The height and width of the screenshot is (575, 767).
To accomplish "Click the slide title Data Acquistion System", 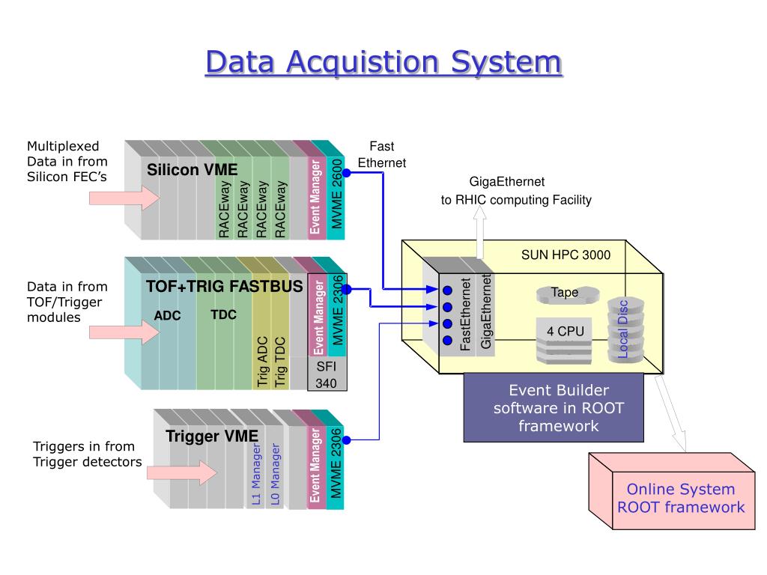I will tap(383, 61).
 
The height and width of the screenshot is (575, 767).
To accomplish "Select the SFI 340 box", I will tap(327, 374).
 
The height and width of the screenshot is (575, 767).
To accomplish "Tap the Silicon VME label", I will tap(192, 170).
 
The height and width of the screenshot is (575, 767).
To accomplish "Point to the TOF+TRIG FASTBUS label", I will tap(224, 285).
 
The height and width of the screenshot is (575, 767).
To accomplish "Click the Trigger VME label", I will tap(212, 436).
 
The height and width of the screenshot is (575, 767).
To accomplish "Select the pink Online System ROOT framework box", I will tap(680, 499).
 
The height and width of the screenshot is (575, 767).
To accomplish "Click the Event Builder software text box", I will tap(554, 408).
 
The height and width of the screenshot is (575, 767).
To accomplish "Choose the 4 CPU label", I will tap(565, 331).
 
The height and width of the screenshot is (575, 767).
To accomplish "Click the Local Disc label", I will tap(622, 329).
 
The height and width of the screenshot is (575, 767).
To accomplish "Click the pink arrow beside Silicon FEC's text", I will tap(124, 198).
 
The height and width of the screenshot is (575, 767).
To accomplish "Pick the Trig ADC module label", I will tap(263, 361).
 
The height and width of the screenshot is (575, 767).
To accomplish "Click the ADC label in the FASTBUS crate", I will tap(168, 315).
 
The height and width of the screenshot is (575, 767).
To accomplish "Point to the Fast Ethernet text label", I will tap(382, 154).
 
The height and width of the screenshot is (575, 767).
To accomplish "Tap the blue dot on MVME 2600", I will tap(347, 173).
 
